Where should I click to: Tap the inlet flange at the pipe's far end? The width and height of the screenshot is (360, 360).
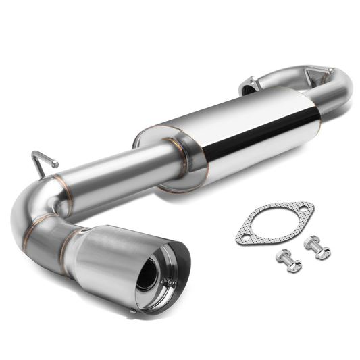[x=247, y=85]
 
